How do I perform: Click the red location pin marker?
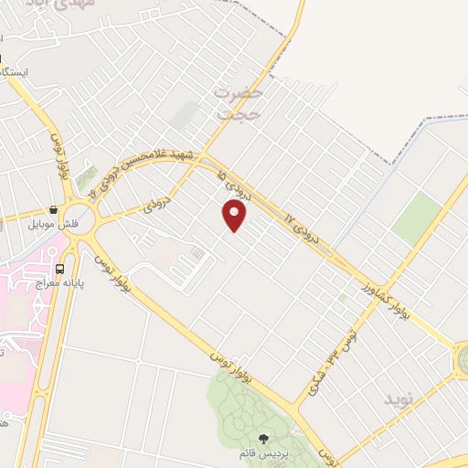235,216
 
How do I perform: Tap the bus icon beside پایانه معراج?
59,269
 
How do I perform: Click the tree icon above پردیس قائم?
265,438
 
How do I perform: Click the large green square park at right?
418,217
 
